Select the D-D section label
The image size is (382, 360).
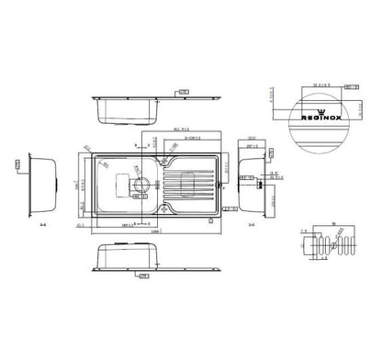250,221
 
